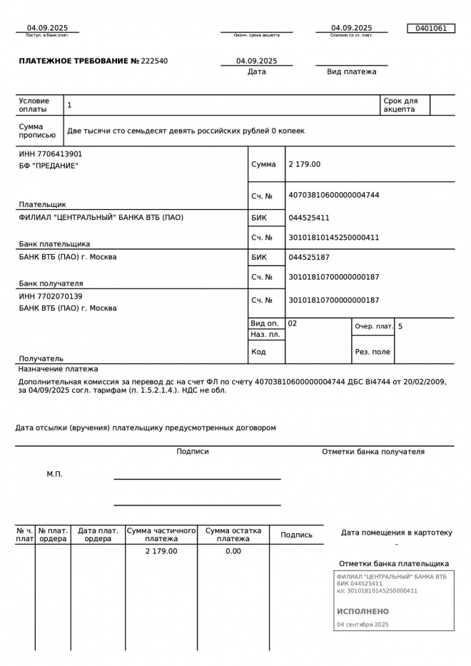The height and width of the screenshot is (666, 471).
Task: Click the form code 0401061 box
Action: [430, 29]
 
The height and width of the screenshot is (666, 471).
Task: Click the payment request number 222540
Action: [155, 61]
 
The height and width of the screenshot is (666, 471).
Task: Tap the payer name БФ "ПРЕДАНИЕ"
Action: [49, 166]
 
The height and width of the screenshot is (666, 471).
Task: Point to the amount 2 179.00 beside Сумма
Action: [305, 164]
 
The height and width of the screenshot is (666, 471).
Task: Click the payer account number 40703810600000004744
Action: [333, 196]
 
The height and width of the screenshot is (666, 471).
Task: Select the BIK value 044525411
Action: [309, 218]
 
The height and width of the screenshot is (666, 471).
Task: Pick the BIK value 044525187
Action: [309, 257]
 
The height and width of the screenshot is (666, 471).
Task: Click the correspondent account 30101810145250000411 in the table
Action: [333, 238]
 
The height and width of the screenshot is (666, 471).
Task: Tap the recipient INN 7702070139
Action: [51, 296]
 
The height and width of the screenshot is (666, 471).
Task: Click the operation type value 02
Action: [293, 323]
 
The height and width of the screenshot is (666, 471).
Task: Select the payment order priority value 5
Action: [400, 326]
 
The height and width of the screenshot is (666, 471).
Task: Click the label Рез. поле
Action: [373, 352]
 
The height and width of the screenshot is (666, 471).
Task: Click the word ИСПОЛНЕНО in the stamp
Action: [363, 612]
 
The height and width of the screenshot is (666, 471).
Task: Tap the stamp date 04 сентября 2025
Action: [363, 625]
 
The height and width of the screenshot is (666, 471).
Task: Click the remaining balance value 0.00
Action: [233, 551]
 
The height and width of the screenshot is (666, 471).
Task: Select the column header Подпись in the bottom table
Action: [296, 535]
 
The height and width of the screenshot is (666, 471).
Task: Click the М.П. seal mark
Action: [55, 474]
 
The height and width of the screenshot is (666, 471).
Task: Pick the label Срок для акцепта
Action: [400, 105]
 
